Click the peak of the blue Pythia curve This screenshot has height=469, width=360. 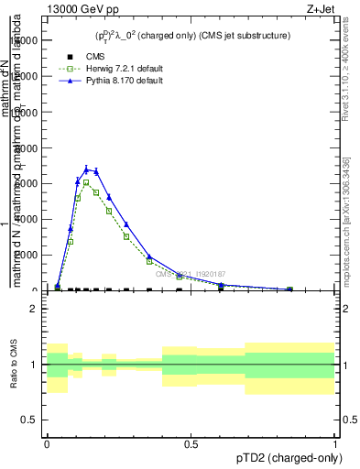coord(87,169)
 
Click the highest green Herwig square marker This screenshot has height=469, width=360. coord(86,182)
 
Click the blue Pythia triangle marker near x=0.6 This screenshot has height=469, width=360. coord(221,285)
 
